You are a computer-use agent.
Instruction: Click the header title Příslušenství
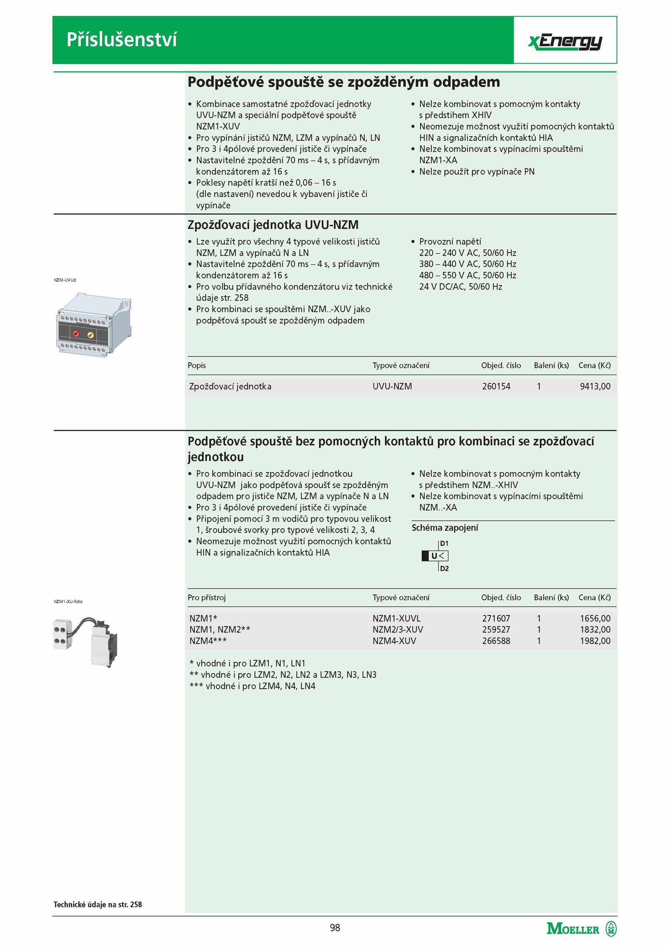(121, 40)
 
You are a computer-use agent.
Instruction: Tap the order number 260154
(496, 386)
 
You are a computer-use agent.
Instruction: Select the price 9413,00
(595, 386)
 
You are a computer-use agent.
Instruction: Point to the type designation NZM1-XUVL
(396, 618)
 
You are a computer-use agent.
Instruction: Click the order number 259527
(496, 629)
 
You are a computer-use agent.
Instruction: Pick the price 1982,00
(595, 641)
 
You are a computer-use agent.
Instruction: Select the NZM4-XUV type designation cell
(394, 641)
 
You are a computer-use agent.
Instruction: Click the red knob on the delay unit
(76, 333)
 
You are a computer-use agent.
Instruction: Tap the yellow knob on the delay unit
(90, 335)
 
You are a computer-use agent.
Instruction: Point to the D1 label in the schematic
(444, 543)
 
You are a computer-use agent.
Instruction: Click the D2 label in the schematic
(444, 568)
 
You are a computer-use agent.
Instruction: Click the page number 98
(335, 927)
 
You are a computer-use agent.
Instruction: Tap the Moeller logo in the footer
(581, 929)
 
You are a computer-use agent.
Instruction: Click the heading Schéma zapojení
(444, 528)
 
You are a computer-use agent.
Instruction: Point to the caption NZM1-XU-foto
(68, 602)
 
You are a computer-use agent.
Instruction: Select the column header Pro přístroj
(206, 597)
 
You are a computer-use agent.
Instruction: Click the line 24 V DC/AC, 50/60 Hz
(460, 287)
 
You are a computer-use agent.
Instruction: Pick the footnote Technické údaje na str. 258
(98, 904)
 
